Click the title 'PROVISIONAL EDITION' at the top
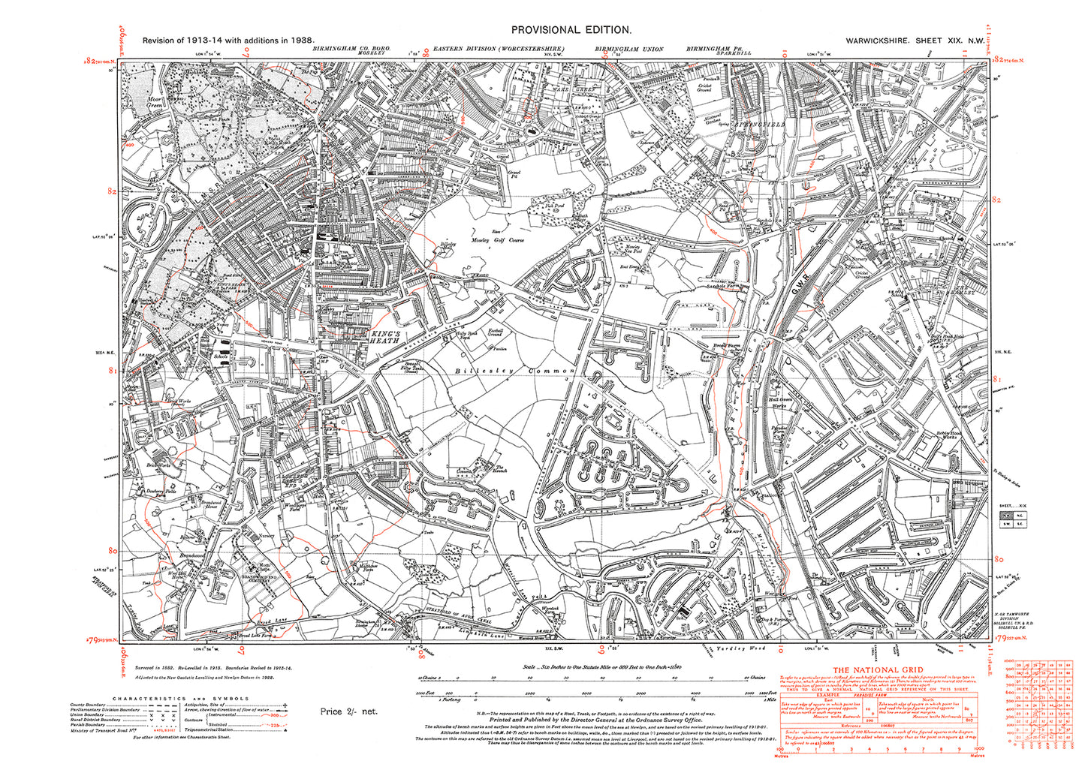click(x=571, y=29)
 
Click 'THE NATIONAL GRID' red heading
click(x=877, y=670)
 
